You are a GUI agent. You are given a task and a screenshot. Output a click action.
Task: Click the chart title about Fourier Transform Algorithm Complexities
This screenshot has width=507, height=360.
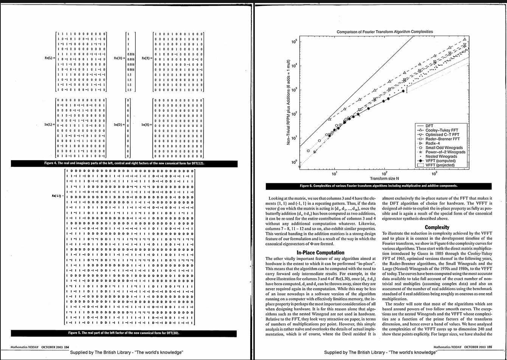[385, 32]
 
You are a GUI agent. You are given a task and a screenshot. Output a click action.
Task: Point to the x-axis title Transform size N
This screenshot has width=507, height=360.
[384, 178]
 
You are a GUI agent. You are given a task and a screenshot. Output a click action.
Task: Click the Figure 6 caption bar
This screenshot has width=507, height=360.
[378, 186]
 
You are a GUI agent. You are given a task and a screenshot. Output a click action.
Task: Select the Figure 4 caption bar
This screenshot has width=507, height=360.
[124, 164]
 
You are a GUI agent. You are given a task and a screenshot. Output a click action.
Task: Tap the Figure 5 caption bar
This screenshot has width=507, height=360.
[124, 333]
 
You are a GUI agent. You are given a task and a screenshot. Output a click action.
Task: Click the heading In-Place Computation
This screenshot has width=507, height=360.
[320, 253]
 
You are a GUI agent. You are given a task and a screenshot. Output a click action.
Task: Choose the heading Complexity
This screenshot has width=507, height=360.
[437, 227]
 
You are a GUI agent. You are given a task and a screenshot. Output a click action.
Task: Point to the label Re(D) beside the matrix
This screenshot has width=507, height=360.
[120, 58]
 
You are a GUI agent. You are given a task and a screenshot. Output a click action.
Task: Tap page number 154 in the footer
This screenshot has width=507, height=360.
[67, 347]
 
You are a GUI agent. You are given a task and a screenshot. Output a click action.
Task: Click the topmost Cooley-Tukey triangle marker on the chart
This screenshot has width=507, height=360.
[465, 39]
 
